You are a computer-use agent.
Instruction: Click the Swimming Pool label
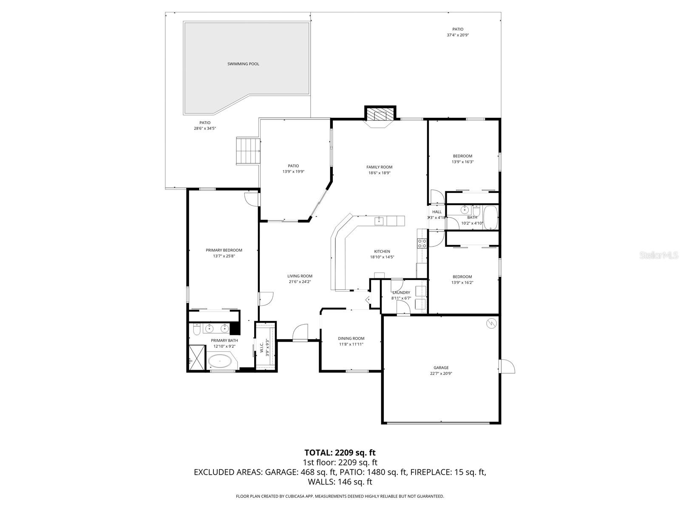[x=243, y=64]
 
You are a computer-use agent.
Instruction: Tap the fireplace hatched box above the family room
[x=380, y=114]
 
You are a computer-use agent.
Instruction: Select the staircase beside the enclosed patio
[x=248, y=151]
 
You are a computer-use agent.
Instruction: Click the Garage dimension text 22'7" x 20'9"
[x=441, y=374]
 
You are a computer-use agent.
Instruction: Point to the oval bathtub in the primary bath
[x=220, y=362]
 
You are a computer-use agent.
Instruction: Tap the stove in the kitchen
[x=422, y=244]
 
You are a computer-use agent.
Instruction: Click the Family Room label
[x=379, y=167]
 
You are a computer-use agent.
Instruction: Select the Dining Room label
[x=351, y=338]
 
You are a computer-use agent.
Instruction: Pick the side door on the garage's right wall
[x=507, y=367]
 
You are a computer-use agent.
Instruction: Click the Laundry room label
[x=401, y=292]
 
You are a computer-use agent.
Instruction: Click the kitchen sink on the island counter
[x=378, y=221]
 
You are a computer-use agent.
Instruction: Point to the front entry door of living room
[x=300, y=333]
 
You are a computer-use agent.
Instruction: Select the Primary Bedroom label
[x=224, y=250]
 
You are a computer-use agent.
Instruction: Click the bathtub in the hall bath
[x=490, y=218]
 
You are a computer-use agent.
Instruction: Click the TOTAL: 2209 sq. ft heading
[x=340, y=452]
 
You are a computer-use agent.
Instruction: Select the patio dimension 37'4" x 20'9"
[x=457, y=35]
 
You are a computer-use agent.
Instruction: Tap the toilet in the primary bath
[x=197, y=329]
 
